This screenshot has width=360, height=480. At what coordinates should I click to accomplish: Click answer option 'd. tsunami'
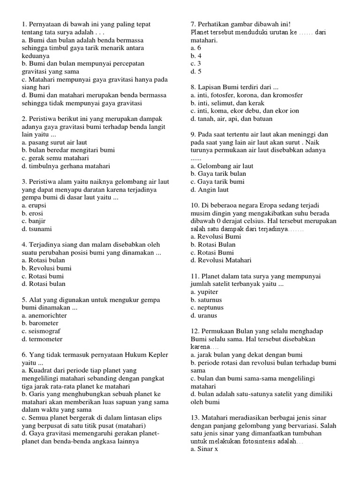[37, 229]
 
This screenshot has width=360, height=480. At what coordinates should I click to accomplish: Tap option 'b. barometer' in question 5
[40, 323]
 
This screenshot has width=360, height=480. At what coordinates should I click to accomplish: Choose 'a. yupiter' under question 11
[204, 292]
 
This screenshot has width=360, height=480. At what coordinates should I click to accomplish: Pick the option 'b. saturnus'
[206, 300]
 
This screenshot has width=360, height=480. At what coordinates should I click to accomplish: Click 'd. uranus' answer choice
[204, 316]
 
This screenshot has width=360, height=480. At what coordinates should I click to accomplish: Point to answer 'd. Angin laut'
[210, 190]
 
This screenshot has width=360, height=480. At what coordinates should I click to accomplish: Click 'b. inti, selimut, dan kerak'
[227, 103]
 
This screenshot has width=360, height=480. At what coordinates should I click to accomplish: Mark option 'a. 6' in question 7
[196, 48]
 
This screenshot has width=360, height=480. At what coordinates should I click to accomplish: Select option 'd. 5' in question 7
[196, 72]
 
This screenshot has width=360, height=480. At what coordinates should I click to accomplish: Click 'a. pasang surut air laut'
[54, 142]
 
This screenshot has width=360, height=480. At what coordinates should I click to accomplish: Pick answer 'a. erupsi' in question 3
[34, 205]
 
